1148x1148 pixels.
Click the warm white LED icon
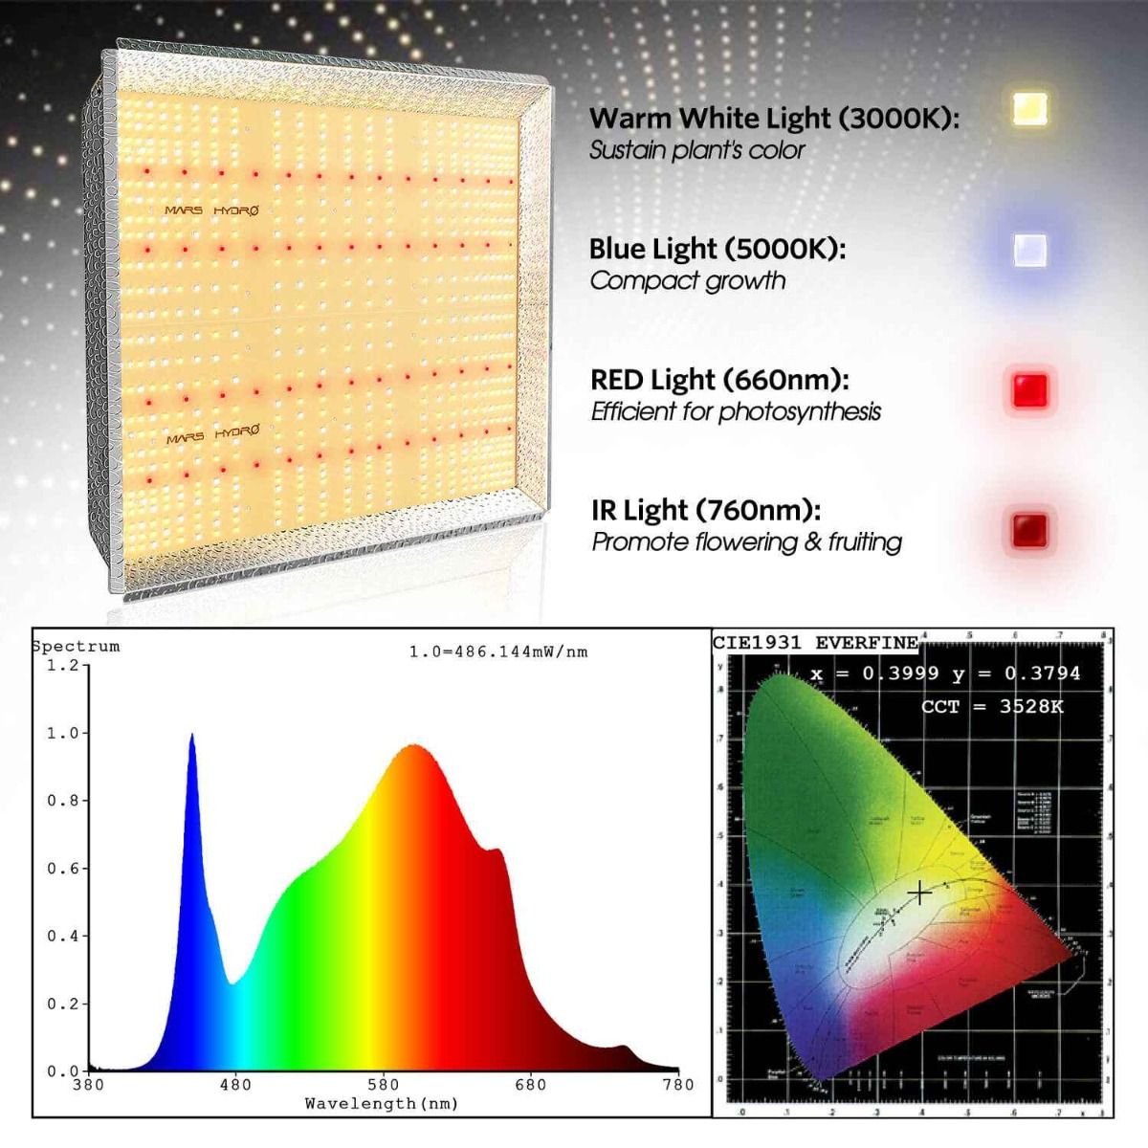click(x=1029, y=110)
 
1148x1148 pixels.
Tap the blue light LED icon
click(x=1029, y=251)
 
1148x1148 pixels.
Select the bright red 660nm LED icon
click(x=1029, y=390)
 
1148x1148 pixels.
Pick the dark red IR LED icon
click(x=1029, y=529)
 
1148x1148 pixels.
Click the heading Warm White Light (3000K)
click(x=773, y=119)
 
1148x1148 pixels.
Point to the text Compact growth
click(x=687, y=281)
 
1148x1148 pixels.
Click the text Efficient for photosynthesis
click(x=735, y=412)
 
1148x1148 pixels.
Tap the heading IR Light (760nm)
click(x=705, y=511)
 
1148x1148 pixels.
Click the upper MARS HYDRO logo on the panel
click(x=210, y=210)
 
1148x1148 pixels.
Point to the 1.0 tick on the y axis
click(x=61, y=734)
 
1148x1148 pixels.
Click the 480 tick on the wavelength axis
click(x=235, y=1085)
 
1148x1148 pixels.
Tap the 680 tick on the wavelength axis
click(x=530, y=1085)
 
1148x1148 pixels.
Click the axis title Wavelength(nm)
click(x=381, y=1104)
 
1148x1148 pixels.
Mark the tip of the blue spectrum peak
click(x=191, y=735)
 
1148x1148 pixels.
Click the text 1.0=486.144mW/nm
click(x=498, y=652)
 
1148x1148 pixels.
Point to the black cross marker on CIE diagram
click(x=918, y=893)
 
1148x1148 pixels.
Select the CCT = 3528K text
click(x=992, y=707)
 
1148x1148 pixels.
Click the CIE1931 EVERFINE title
click(x=815, y=643)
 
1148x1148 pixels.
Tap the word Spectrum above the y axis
click(x=77, y=647)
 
